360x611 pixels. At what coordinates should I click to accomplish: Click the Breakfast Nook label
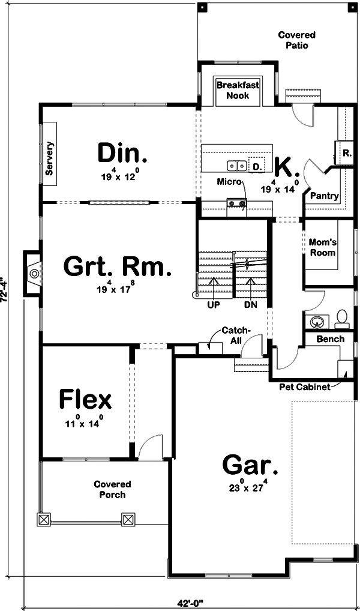coord(238,90)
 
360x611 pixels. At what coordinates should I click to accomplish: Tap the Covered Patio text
coord(296,40)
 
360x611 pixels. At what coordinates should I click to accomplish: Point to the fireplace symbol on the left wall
coord(34,274)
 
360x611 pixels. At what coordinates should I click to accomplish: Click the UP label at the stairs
coord(213,304)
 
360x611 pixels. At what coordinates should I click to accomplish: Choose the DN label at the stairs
coord(250,304)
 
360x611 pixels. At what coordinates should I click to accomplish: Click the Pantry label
coord(325,196)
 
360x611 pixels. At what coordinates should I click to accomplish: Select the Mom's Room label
coord(322,247)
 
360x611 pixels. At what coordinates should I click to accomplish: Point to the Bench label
coord(331,339)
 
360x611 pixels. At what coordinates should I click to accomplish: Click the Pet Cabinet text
coord(305,387)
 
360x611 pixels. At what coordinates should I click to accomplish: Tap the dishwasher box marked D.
coord(257,166)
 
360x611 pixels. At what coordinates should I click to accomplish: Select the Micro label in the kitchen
coord(229,181)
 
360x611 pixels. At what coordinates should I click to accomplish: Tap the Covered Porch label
coord(112,489)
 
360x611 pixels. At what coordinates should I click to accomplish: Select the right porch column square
coord(128,519)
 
